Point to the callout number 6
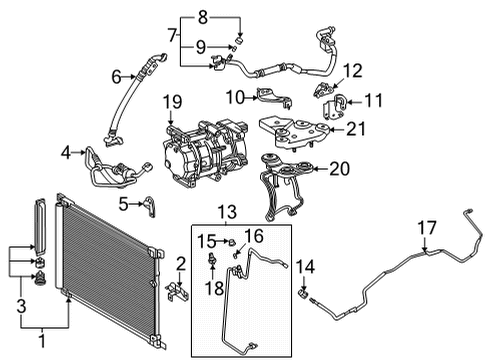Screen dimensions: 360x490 (116, 76)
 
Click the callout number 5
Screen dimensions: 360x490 (123, 205)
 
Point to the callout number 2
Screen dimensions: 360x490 (180, 264)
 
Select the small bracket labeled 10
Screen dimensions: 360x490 (267, 96)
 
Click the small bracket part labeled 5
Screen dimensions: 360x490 (148, 205)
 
